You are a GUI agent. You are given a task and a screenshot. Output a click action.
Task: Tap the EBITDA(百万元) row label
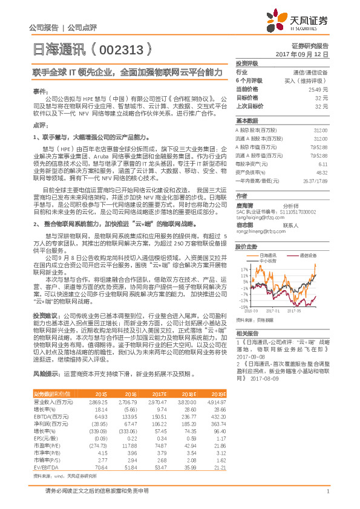point(51,416)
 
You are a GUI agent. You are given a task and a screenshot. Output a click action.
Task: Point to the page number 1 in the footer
point(327,498)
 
